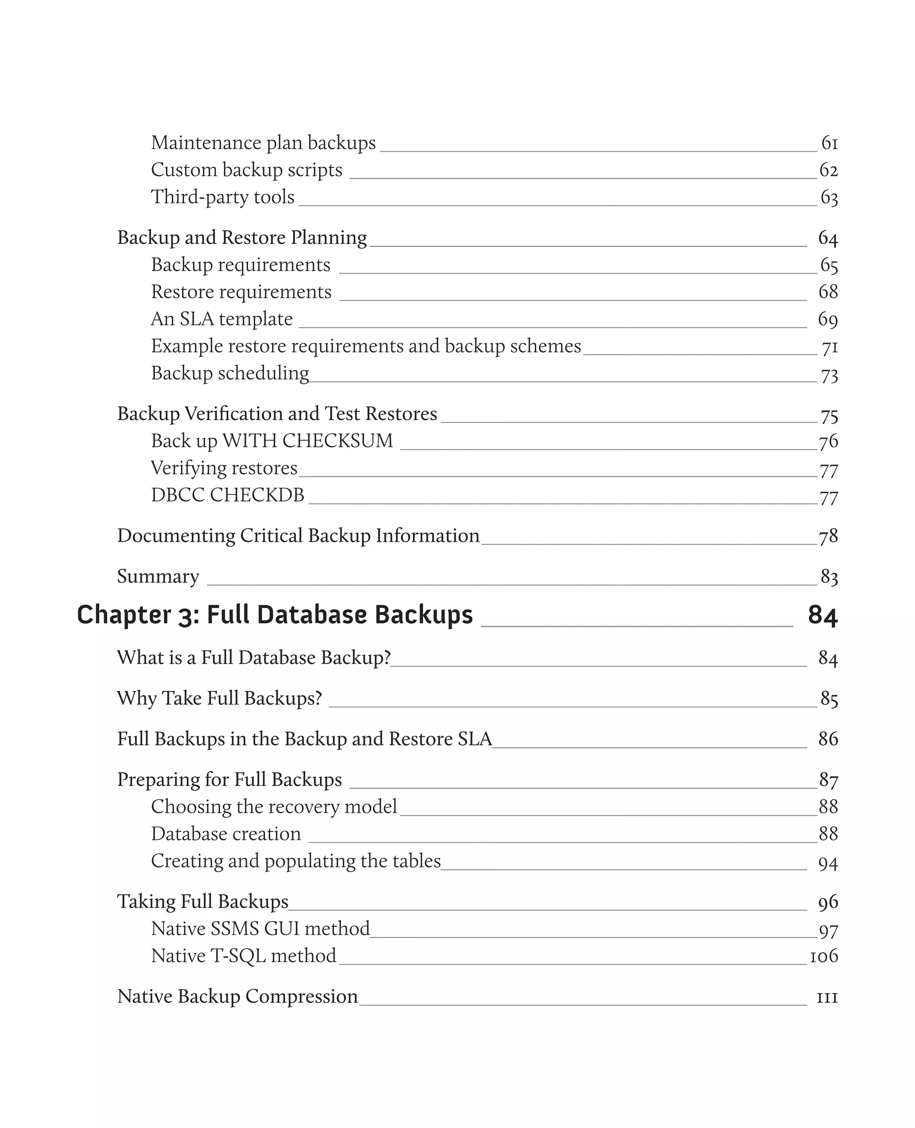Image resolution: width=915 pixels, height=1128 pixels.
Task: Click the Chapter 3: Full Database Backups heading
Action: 275,615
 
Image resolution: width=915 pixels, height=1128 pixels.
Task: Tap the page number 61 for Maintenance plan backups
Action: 829,143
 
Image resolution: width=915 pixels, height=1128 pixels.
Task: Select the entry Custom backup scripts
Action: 246,170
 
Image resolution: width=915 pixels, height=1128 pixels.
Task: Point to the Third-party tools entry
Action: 222,197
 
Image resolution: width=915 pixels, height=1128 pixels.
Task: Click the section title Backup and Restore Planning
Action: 242,238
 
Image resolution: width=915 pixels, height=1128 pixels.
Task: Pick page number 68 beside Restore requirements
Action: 828,292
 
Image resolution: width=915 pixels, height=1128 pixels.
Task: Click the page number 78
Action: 828,536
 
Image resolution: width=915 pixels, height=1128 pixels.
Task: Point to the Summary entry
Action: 158,577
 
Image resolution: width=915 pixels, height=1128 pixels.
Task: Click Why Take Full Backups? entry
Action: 219,698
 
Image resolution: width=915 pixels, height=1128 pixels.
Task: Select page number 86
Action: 828,739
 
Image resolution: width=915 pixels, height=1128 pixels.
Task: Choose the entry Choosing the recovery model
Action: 273,806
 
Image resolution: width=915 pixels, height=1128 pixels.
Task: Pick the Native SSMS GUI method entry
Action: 260,929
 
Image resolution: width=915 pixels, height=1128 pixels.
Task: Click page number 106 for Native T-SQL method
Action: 824,956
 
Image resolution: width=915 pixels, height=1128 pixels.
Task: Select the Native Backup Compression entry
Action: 237,997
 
